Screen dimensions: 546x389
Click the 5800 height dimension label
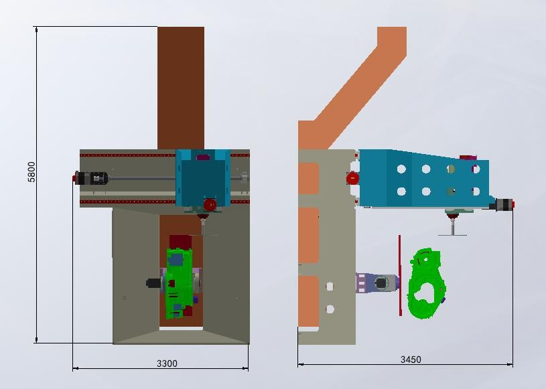[31, 172]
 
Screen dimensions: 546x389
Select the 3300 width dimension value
[167, 364]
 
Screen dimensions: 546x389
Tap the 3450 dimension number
[411, 360]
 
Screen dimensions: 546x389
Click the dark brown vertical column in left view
[181, 88]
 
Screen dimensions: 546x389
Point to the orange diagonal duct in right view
[358, 87]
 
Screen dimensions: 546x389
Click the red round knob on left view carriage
[210, 205]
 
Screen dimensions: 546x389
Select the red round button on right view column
[352, 179]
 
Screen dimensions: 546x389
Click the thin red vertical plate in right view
[400, 275]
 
